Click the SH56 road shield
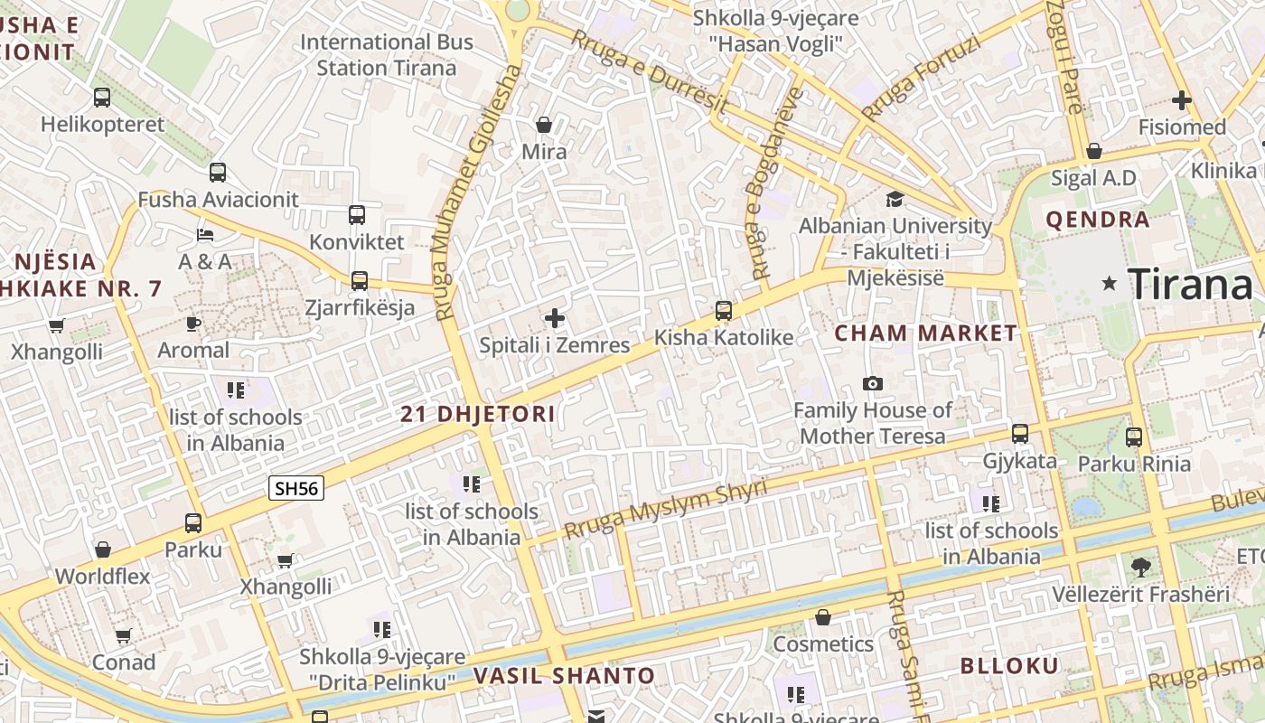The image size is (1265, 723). coord(296,489)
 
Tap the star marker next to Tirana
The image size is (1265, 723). coord(1110,284)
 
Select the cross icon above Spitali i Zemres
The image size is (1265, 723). coord(555,318)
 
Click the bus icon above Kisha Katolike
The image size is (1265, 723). coord(723,311)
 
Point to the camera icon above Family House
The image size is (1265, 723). coord(872,383)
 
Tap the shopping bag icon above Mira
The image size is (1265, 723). coord(544,125)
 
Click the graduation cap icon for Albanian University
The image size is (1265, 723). coord(895,199)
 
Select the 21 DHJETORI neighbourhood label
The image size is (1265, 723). coord(478,415)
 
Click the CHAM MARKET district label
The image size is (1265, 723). coord(925,333)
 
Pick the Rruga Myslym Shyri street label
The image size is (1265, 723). coord(666,509)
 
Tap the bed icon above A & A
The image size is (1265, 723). coord(205,235)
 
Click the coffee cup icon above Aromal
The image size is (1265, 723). coord(192,323)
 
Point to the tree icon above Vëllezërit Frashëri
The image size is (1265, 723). coord(1140,568)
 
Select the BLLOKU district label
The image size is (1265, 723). coord(1008,666)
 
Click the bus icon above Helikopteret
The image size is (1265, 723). coord(102,97)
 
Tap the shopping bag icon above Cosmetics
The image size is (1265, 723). coord(822,617)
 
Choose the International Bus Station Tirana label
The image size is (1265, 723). coord(387,54)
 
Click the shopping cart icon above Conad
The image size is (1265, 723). coord(123,635)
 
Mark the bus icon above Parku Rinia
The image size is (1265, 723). coord(1134,437)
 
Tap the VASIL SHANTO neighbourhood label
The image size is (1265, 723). coord(565,676)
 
